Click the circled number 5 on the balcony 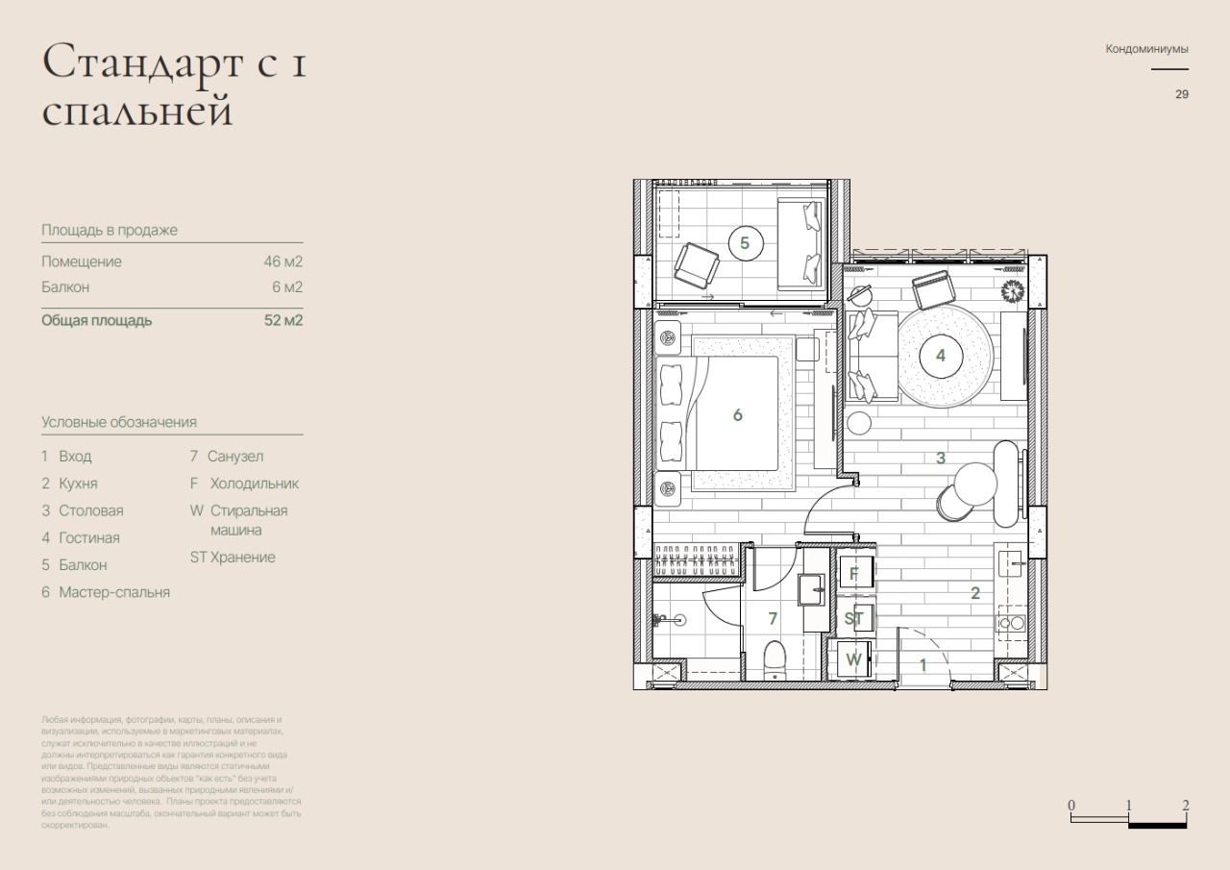click(x=745, y=243)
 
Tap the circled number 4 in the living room click(x=940, y=356)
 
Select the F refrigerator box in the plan click(x=854, y=574)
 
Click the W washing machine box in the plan click(x=853, y=660)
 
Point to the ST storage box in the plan click(x=854, y=618)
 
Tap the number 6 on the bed click(x=737, y=415)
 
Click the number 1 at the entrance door click(x=923, y=664)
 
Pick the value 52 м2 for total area click(x=283, y=320)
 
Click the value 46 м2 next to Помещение click(x=283, y=261)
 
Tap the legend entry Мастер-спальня click(x=114, y=592)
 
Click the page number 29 click(x=1181, y=94)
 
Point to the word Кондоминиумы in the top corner click(x=1146, y=48)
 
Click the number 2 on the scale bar click(x=1186, y=806)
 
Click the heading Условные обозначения click(x=119, y=422)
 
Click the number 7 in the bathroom click(x=773, y=618)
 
